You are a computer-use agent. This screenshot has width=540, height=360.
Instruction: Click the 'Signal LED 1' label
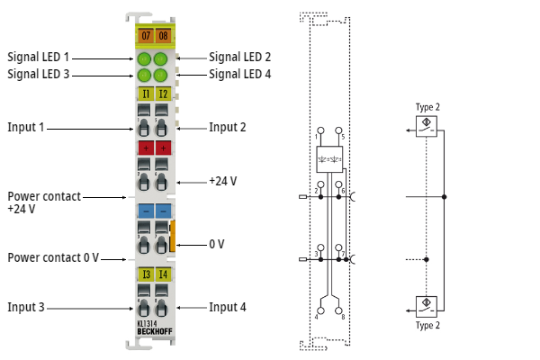(39, 57)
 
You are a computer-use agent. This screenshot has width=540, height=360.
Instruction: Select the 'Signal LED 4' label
(240, 74)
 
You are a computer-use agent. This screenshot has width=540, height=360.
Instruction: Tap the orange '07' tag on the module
(144, 36)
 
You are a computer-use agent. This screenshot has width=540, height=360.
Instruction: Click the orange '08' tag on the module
(162, 36)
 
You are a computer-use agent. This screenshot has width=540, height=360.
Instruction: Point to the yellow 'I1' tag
(144, 94)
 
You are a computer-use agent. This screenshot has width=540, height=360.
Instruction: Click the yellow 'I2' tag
(162, 94)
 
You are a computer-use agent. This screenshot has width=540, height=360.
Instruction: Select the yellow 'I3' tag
(144, 274)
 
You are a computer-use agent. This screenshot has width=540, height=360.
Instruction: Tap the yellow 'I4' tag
(162, 274)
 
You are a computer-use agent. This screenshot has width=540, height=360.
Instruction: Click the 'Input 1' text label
(26, 127)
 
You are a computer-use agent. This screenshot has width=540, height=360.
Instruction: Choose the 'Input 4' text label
(228, 307)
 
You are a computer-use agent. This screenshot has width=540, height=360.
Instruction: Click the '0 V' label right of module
(217, 244)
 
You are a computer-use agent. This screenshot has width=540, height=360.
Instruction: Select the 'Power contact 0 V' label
(53, 257)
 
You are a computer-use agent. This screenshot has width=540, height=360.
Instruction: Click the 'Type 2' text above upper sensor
(427, 107)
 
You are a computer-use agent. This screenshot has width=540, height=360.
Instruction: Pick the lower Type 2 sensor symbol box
(428, 304)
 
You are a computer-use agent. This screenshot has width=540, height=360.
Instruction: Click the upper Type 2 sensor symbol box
(428, 124)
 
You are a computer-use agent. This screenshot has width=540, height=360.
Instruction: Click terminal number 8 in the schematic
(342, 317)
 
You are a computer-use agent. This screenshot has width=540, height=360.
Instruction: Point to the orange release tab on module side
(174, 238)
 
